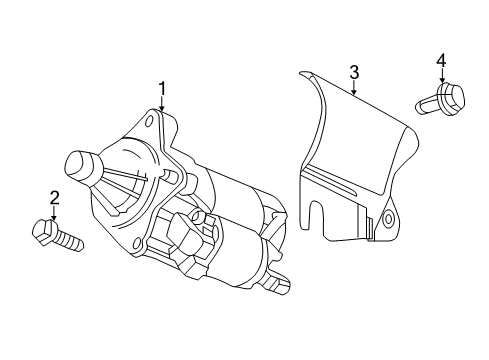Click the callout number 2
(x=53, y=198)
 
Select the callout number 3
(x=353, y=71)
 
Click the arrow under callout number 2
(x=53, y=213)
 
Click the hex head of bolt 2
(x=45, y=231)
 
